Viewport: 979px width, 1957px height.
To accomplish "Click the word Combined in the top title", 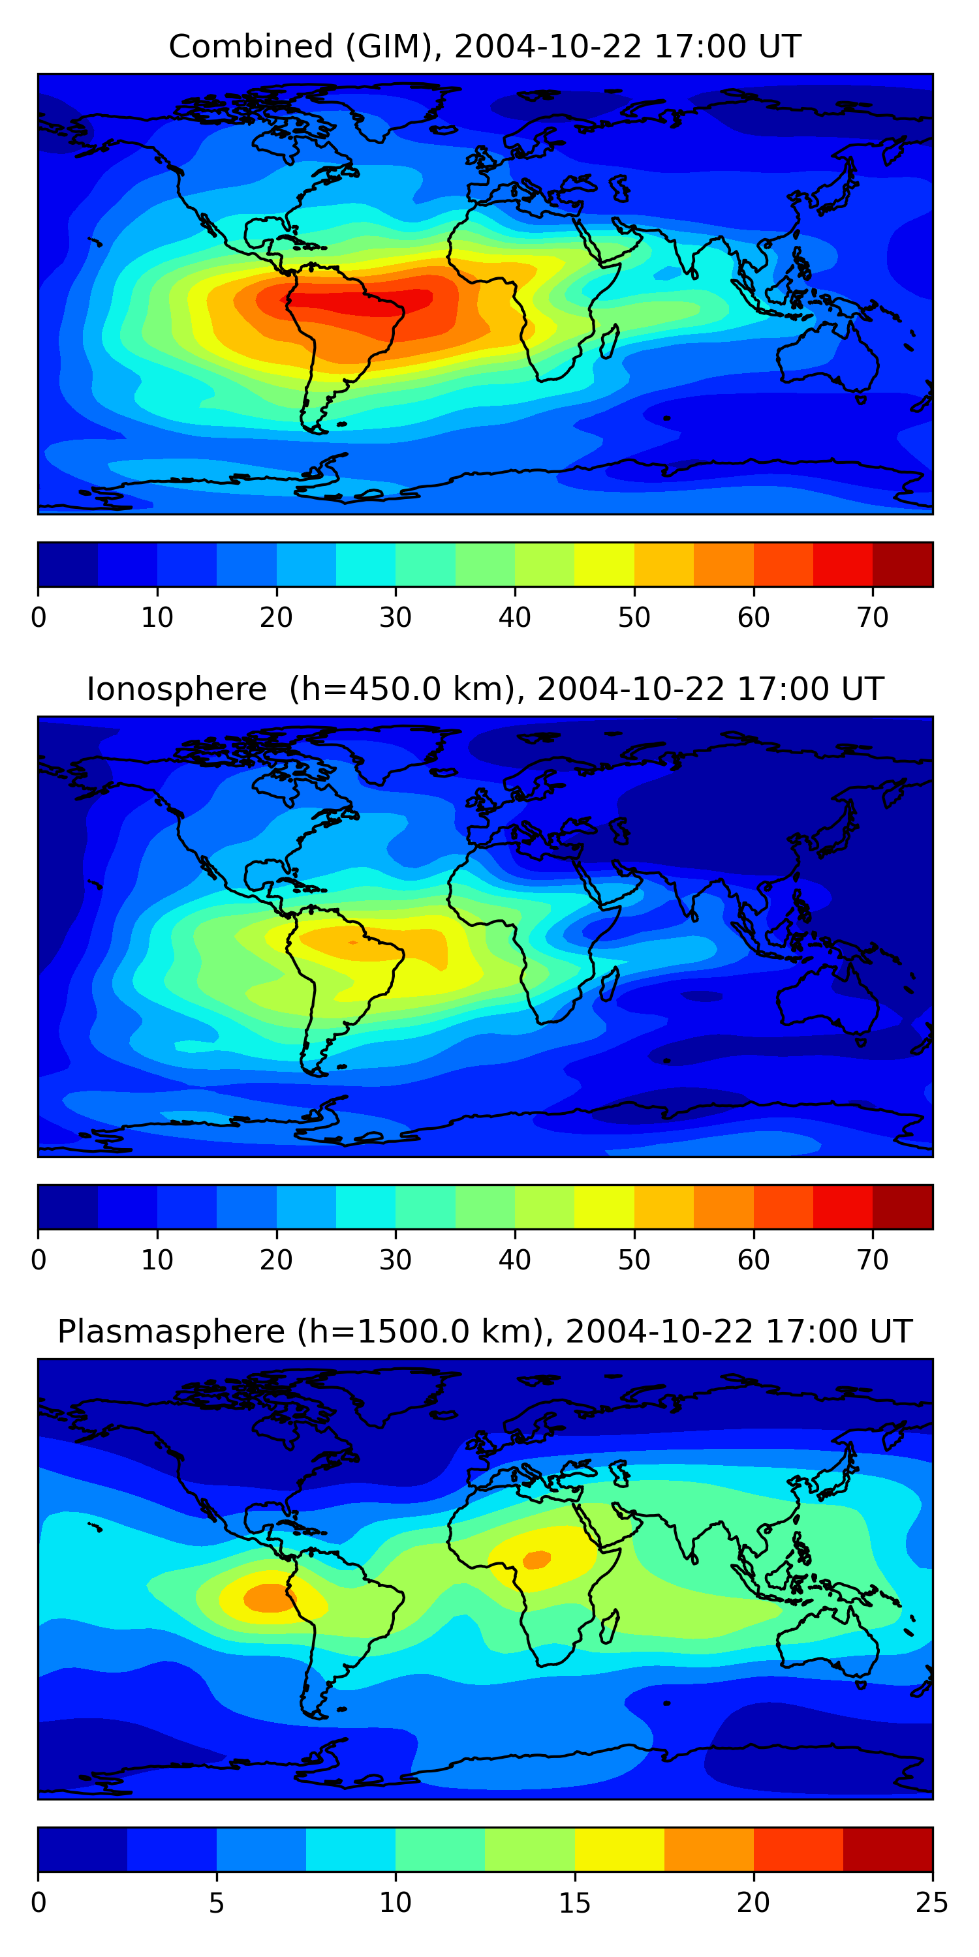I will [x=250, y=46].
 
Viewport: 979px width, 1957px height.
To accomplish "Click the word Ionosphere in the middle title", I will [x=176, y=689].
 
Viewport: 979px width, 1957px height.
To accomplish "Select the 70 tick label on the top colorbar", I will [x=872, y=618].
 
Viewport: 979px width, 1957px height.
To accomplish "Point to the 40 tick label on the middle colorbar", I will [x=514, y=1260].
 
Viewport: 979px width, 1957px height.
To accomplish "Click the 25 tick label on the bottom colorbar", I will [x=931, y=1902].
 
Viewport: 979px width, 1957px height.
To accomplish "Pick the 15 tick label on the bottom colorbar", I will [x=574, y=1902].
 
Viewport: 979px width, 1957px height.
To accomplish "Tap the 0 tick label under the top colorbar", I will [x=39, y=618].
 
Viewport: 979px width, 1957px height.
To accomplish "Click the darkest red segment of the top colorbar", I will [x=902, y=564].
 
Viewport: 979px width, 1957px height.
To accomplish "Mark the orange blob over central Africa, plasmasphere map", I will [x=536, y=1560].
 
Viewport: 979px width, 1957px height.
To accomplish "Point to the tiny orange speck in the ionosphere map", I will [x=352, y=943].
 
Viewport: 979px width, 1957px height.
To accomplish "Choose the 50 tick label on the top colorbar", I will [x=633, y=618].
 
